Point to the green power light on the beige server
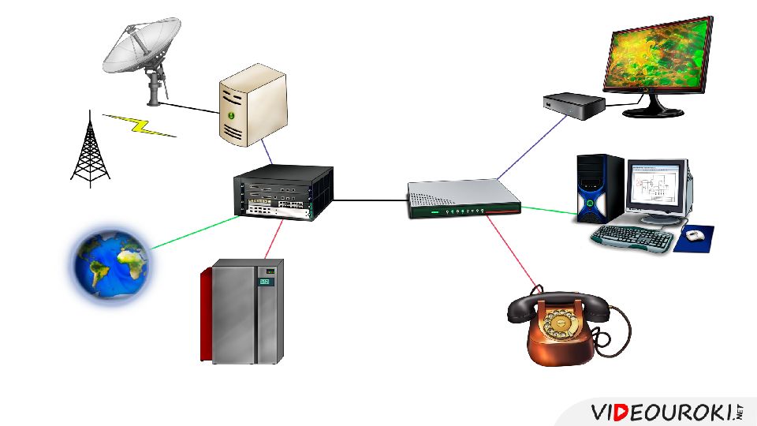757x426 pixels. [231, 115]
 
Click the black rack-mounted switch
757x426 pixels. [283, 192]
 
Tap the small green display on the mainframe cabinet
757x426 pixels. [267, 281]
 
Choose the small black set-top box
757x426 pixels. [573, 106]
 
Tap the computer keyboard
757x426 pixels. [632, 237]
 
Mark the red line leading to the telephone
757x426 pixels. [513, 252]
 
